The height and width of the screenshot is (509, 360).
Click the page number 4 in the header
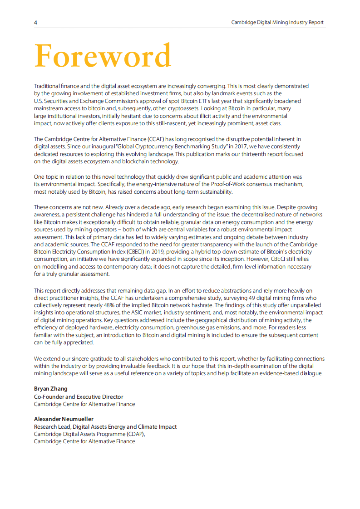coord(35,22)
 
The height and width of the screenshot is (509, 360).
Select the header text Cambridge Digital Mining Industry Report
coord(277,22)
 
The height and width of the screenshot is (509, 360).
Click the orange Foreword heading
coord(103,56)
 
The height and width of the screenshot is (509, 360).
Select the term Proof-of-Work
coord(225,184)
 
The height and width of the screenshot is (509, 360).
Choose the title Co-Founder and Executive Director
coord(79,396)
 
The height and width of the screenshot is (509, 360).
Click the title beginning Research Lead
coord(105,426)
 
